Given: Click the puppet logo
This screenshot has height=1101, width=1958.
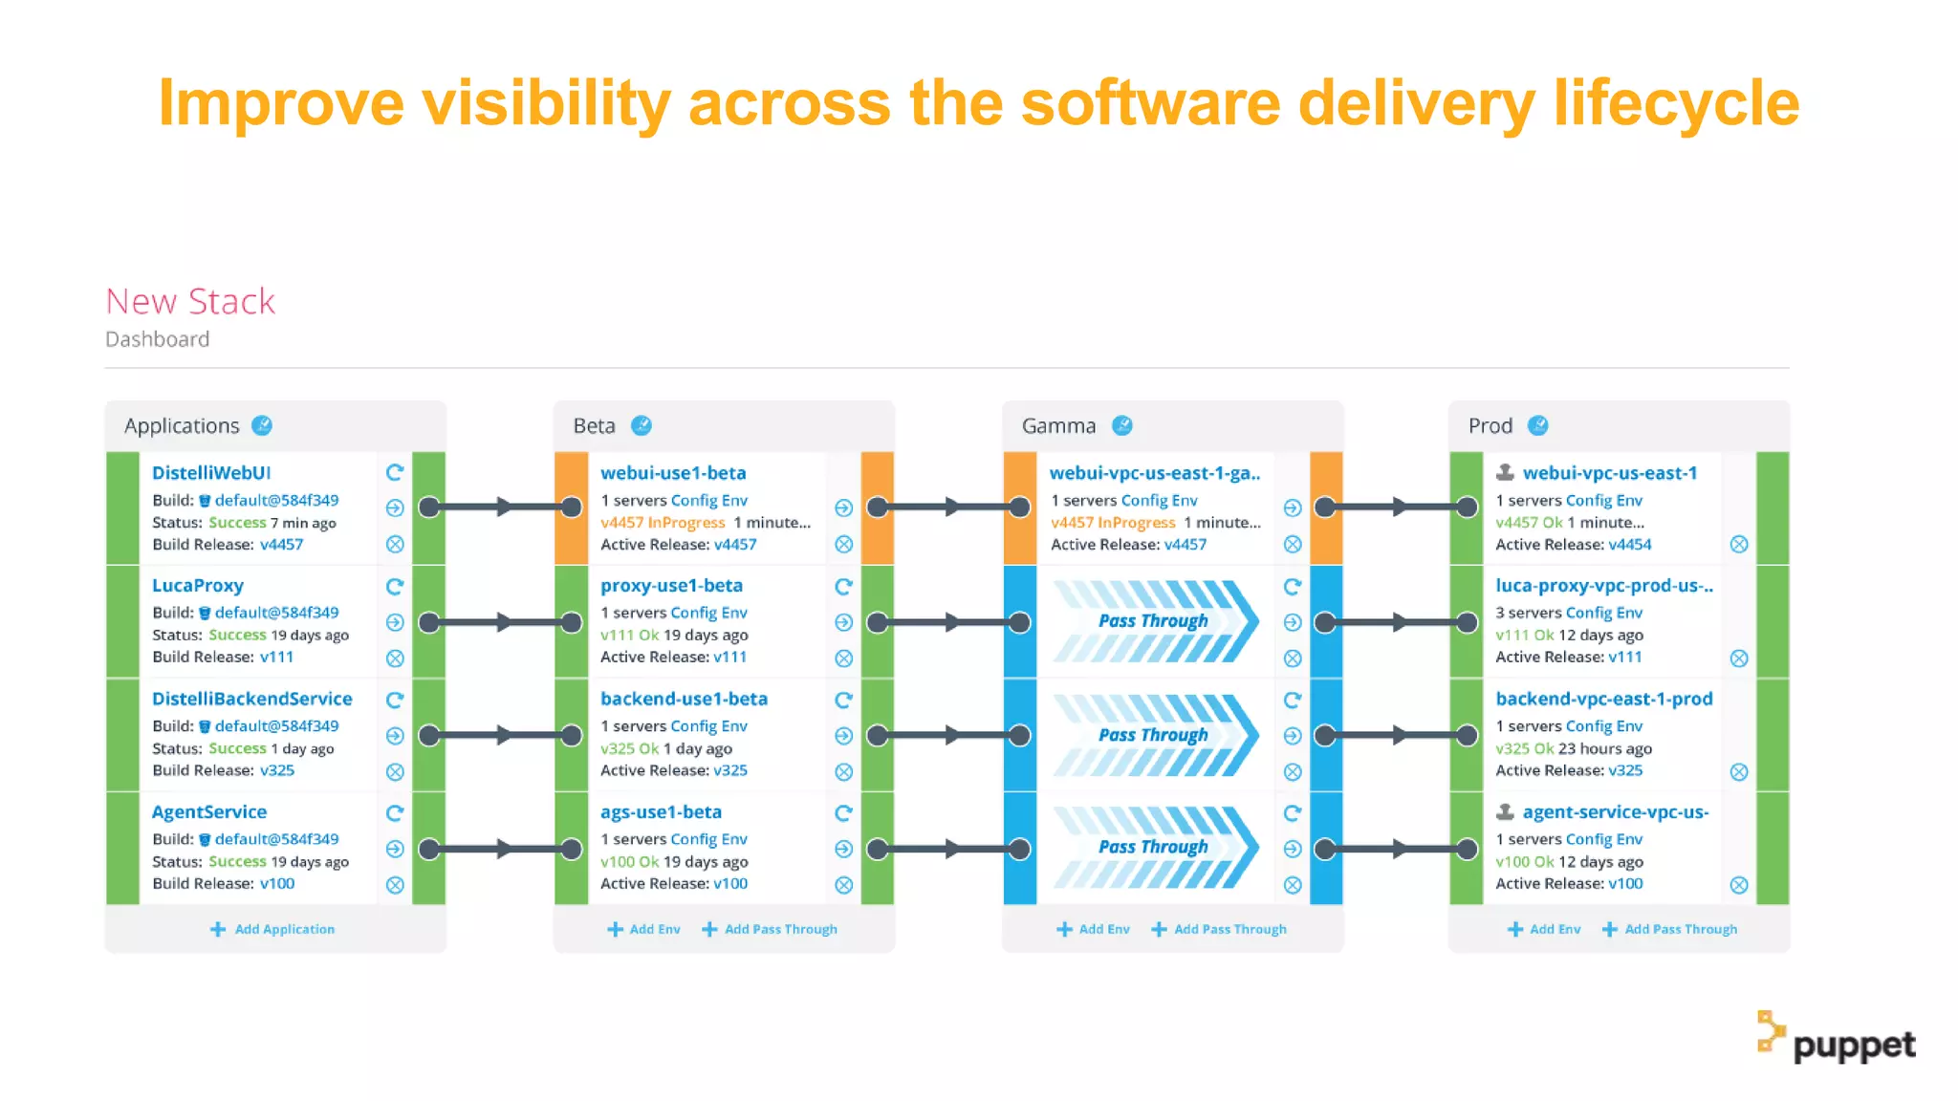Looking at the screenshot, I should click(1837, 1040).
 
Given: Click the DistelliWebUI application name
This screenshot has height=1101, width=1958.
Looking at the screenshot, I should click(211, 473).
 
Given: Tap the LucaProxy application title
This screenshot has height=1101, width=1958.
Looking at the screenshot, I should click(198, 586).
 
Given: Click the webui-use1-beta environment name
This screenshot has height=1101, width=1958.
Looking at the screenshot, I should click(673, 473).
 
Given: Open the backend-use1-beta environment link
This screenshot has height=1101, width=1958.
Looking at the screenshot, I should click(684, 699).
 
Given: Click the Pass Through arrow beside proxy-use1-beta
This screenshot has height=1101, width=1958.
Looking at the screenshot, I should click(1154, 622).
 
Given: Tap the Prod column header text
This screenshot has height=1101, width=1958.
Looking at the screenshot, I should click(1490, 426).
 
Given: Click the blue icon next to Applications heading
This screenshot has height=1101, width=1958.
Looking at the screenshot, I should click(262, 426).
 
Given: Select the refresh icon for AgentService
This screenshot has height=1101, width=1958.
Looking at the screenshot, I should click(395, 813).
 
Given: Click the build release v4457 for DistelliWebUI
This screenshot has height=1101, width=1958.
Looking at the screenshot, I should click(281, 545).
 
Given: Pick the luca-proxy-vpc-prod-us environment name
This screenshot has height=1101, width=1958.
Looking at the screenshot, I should click(1604, 586).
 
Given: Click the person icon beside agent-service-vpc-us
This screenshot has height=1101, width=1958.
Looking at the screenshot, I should click(1505, 812).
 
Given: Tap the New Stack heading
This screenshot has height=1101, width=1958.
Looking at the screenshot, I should click(190, 302).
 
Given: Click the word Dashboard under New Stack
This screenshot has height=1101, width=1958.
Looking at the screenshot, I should click(158, 339).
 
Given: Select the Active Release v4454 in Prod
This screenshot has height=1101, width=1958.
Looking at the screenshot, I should click(1629, 545).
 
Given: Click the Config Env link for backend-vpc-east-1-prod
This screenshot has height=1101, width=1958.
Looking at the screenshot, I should click(1603, 726).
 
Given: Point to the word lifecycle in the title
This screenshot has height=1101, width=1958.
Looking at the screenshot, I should click(1676, 103).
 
